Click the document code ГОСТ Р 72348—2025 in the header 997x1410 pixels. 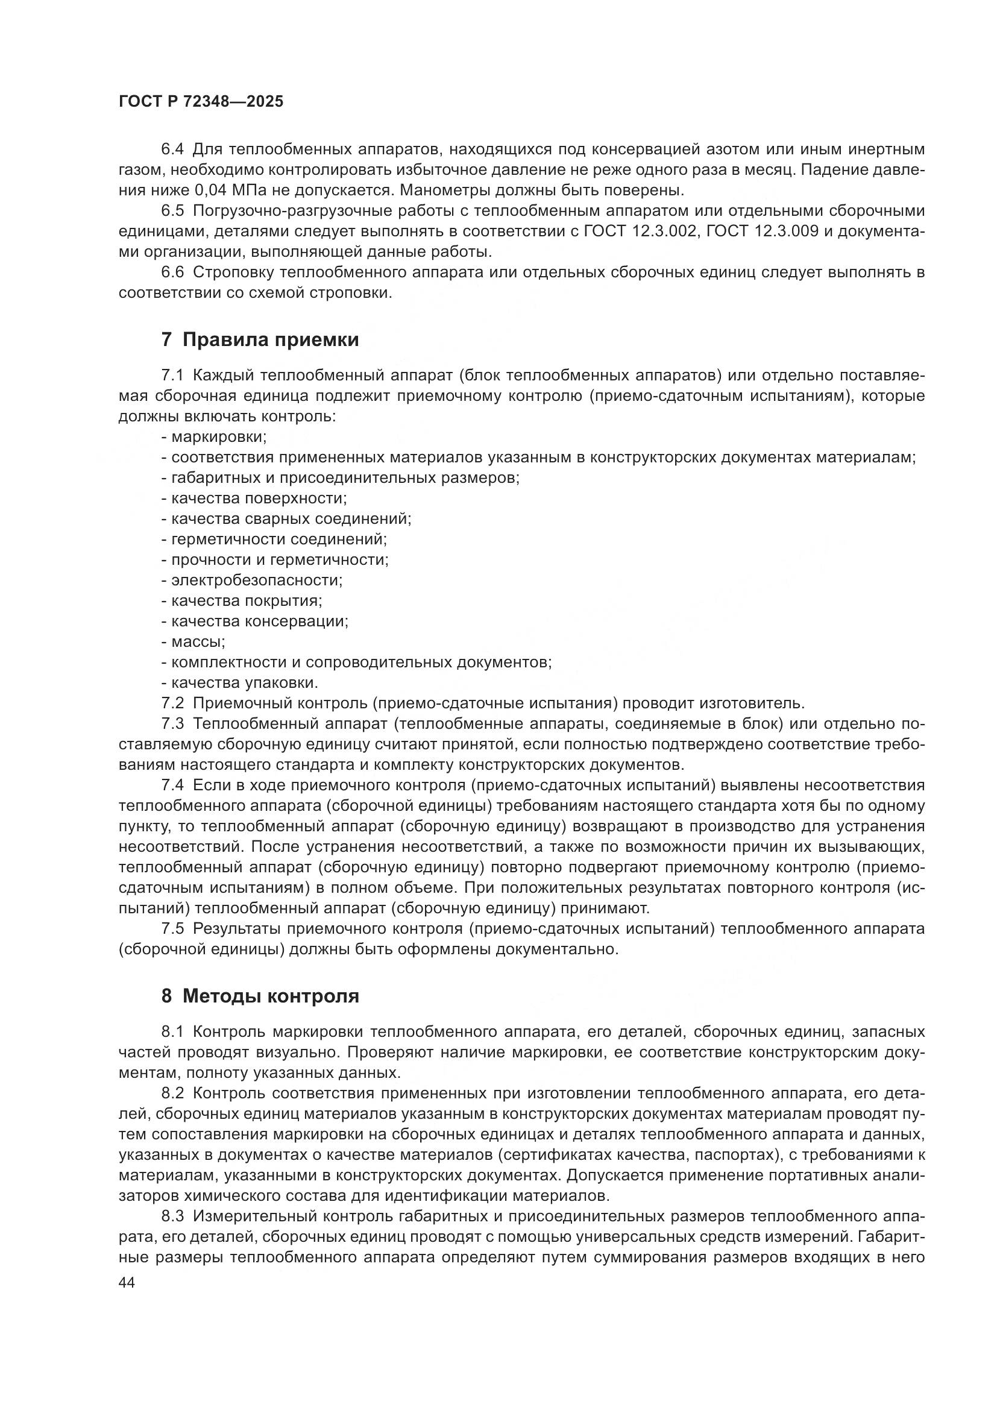coord(201,102)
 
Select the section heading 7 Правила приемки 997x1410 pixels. coord(260,339)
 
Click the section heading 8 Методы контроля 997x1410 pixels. coord(260,995)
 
